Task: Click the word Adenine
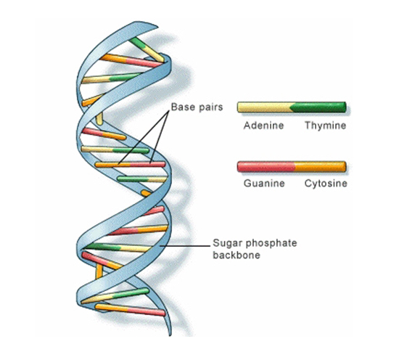click(x=263, y=126)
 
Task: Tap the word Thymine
click(x=325, y=126)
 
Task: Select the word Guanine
click(x=264, y=183)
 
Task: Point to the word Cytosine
click(x=326, y=183)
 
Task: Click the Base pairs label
click(x=197, y=107)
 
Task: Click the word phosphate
click(x=271, y=243)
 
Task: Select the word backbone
click(x=237, y=255)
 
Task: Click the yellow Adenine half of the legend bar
click(x=265, y=107)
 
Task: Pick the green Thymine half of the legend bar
click(x=319, y=107)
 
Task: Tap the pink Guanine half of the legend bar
click(x=266, y=167)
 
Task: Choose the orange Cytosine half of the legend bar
click(x=320, y=167)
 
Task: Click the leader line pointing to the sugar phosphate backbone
click(x=185, y=245)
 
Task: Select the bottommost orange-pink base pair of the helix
click(x=130, y=310)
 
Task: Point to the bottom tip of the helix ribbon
click(x=170, y=335)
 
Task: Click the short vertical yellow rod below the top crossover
click(x=99, y=118)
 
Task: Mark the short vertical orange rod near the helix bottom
click(x=99, y=271)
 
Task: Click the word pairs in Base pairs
click(x=209, y=107)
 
